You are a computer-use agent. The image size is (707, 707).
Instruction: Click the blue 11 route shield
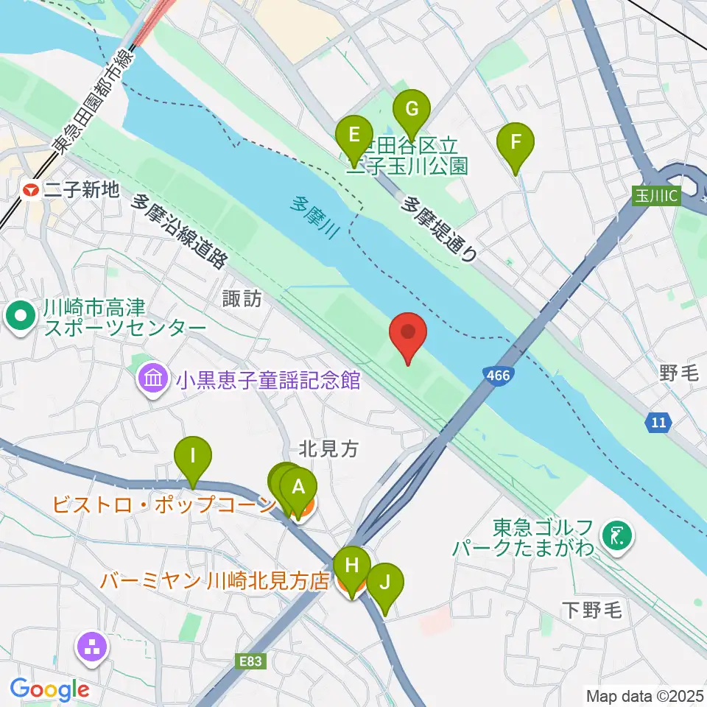pos(660,422)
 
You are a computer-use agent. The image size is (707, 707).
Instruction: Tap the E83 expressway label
pos(251,661)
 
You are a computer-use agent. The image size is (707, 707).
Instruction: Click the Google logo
pos(49,689)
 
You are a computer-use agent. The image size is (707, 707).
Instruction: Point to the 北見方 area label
pos(328,448)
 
